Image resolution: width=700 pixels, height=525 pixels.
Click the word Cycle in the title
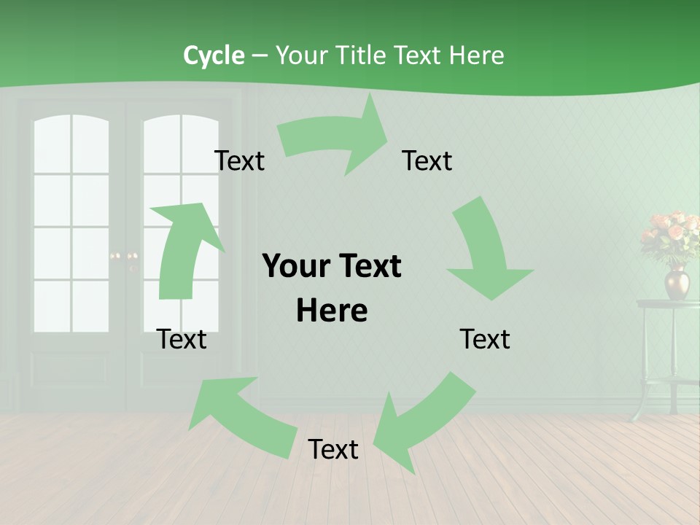pos(214,55)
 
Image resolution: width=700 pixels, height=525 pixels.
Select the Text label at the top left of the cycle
pos(239,160)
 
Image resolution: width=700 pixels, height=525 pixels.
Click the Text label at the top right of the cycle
pos(427,160)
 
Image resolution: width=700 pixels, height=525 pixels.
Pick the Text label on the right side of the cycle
pos(485,339)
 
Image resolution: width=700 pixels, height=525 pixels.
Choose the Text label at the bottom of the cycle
pos(333,449)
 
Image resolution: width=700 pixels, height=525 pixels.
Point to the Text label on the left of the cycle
pos(182,339)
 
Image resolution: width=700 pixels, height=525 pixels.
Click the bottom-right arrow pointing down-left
pos(423,423)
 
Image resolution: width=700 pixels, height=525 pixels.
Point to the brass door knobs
pos(123,256)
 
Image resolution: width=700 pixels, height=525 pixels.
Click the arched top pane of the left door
pos(71,135)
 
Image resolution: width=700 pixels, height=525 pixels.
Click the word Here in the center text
pos(332,311)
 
